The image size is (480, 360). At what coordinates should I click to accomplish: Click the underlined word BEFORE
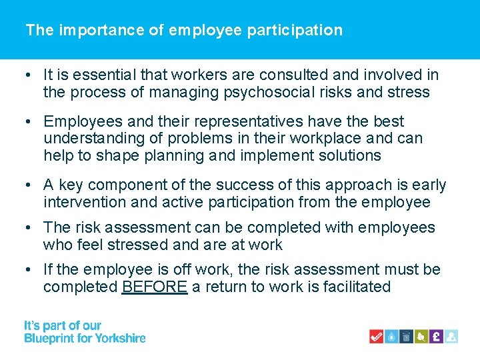click(155, 287)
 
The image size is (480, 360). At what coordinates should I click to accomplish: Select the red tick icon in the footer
click(377, 336)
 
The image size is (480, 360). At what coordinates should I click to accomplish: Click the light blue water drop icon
click(393, 336)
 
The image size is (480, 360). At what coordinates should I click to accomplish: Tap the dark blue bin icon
click(407, 336)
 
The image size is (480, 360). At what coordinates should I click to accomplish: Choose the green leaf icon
click(421, 336)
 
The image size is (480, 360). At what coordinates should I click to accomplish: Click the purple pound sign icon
click(436, 336)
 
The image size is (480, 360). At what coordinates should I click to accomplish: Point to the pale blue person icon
click(451, 336)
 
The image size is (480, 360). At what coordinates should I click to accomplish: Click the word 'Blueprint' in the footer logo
click(49, 338)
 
